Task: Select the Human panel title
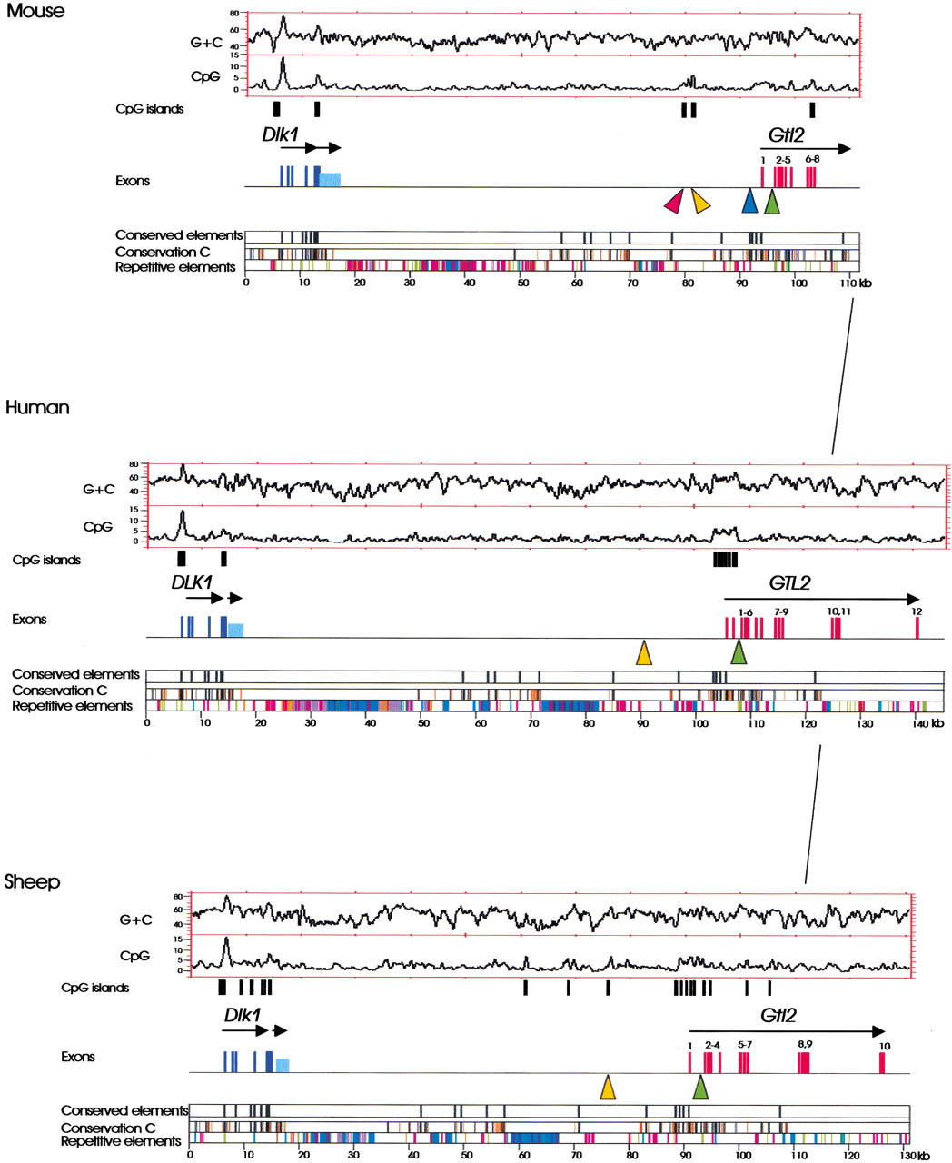point(37,408)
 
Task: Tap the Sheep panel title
point(33,881)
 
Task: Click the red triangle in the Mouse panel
point(673,202)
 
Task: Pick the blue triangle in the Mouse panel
point(749,202)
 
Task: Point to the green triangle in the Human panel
point(739,651)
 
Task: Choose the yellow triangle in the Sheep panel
point(608,1088)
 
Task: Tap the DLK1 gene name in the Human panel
point(191,581)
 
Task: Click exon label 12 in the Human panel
point(917,611)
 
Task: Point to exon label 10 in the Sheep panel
point(884,1046)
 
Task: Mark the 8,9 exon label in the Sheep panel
point(805,1045)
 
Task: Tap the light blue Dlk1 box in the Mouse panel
point(330,180)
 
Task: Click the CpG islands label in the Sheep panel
point(94,988)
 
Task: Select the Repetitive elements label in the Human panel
point(72,706)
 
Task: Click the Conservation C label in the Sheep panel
point(107,1128)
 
